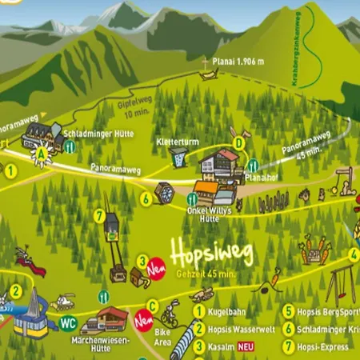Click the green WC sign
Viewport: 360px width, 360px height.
pyautogui.click(x=68, y=324)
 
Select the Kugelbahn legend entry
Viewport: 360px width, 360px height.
pyautogui.click(x=228, y=312)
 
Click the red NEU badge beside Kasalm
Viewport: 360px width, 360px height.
pyautogui.click(x=245, y=346)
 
